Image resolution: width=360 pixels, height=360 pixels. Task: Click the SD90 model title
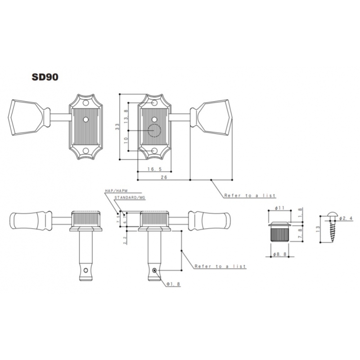(45, 77)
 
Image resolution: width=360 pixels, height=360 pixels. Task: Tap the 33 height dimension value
(117, 127)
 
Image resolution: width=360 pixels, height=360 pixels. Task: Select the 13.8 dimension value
(126, 117)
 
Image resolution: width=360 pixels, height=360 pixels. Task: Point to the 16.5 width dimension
(154, 169)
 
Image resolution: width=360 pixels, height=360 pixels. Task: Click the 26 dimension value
(164, 177)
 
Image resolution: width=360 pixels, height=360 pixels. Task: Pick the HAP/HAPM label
(116, 190)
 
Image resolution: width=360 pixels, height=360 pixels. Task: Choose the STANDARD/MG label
(130, 198)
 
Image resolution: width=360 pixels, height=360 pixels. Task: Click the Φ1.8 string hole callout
(173, 284)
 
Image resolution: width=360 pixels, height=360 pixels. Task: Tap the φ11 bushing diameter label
(279, 208)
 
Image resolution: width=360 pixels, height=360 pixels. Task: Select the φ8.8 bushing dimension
(280, 254)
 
